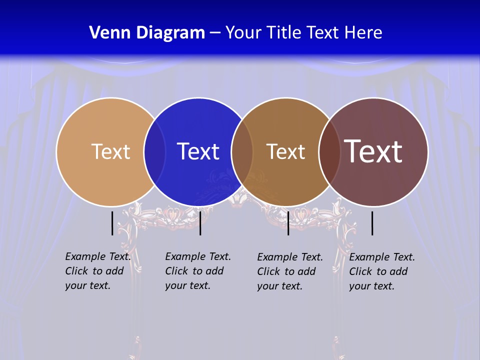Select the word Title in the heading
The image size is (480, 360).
pyautogui.click(x=284, y=33)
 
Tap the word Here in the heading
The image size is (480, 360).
pyautogui.click(x=363, y=33)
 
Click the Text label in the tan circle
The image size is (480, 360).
pyautogui.click(x=110, y=151)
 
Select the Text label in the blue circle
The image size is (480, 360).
pyautogui.click(x=198, y=151)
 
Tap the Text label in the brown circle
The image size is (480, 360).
pyautogui.click(x=285, y=151)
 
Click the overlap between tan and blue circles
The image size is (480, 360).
pyautogui.click(x=154, y=151)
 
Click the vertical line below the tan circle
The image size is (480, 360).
pyautogui.click(x=112, y=223)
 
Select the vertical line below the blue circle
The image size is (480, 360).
pyautogui.click(x=200, y=223)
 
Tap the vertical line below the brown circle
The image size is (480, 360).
pyautogui.click(x=288, y=223)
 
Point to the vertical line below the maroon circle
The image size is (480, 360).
pyautogui.click(x=372, y=223)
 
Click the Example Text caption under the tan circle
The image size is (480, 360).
pyautogui.click(x=98, y=271)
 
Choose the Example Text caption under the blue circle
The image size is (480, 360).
pyautogui.click(x=198, y=271)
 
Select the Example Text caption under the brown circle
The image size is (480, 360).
pyautogui.click(x=290, y=271)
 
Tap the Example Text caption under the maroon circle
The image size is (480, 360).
pyautogui.click(x=382, y=271)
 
